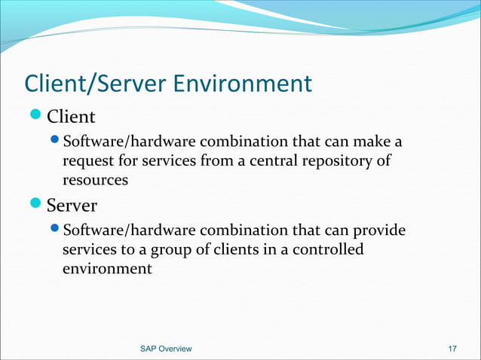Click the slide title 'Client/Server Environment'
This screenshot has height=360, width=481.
tap(167, 83)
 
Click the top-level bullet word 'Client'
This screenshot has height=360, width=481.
tap(71, 117)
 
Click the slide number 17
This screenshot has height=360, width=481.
tap(452, 349)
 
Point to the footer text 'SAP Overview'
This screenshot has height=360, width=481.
tap(166, 349)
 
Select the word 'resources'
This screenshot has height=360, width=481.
tap(95, 180)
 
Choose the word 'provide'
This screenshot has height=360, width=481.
tap(378, 229)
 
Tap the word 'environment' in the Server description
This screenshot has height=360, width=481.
tap(107, 267)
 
